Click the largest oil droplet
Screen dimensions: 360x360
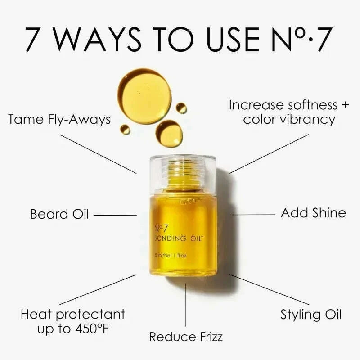click(144, 96)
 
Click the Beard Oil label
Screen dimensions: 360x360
click(59, 214)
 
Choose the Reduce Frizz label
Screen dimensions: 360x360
click(186, 336)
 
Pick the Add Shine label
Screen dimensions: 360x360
click(313, 212)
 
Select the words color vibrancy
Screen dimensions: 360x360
click(289, 120)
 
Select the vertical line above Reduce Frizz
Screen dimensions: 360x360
click(185, 306)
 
